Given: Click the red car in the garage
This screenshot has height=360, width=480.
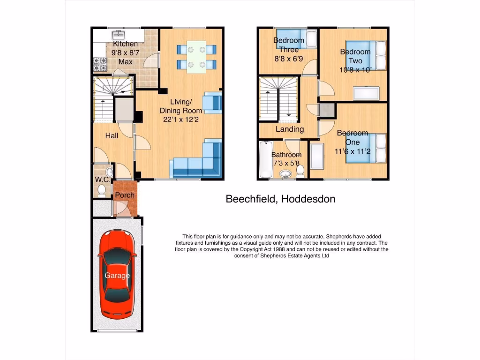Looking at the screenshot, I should coord(117,274).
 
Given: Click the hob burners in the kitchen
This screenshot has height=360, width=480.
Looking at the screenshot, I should coord(100,64).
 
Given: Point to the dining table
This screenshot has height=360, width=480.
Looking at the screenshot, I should coord(196,57).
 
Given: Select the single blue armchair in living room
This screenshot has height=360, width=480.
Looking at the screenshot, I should coord(212,103).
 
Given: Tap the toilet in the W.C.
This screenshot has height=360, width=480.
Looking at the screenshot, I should coord(101,189).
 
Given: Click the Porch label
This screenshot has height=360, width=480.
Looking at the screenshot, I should coord(125,195).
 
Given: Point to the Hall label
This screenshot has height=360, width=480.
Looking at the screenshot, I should coord(112,135).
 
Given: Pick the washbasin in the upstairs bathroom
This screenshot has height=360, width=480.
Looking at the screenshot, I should coord(285,175).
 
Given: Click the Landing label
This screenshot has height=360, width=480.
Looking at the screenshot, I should coord(290,129).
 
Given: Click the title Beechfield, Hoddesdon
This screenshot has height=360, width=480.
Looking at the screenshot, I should coord(280,199).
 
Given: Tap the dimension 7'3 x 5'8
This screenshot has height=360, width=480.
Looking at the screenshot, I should coord(286,164).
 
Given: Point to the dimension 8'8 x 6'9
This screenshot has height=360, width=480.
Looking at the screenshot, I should coord(289,59).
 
